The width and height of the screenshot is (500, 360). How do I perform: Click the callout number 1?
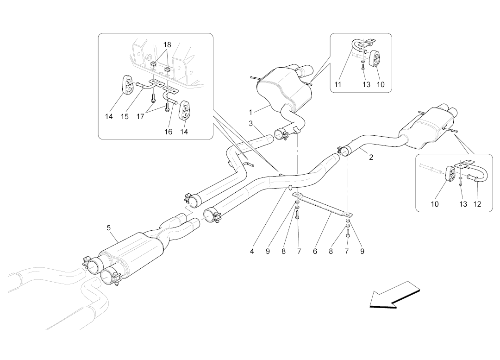point(250,112)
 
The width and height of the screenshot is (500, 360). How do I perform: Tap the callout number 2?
point(371,157)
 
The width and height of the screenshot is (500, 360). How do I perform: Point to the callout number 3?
point(250,123)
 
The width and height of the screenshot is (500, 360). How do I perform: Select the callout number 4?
point(252,252)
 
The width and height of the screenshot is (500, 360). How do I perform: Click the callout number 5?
point(109,227)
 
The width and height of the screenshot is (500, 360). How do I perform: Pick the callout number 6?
point(315,252)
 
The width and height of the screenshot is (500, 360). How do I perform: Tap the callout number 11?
point(338,85)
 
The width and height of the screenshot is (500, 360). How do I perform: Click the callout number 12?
point(477,204)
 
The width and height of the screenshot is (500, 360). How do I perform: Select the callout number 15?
point(125,117)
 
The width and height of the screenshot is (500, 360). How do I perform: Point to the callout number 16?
point(168,132)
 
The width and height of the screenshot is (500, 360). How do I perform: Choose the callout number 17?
point(140,117)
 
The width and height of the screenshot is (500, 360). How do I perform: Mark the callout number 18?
point(168,44)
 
